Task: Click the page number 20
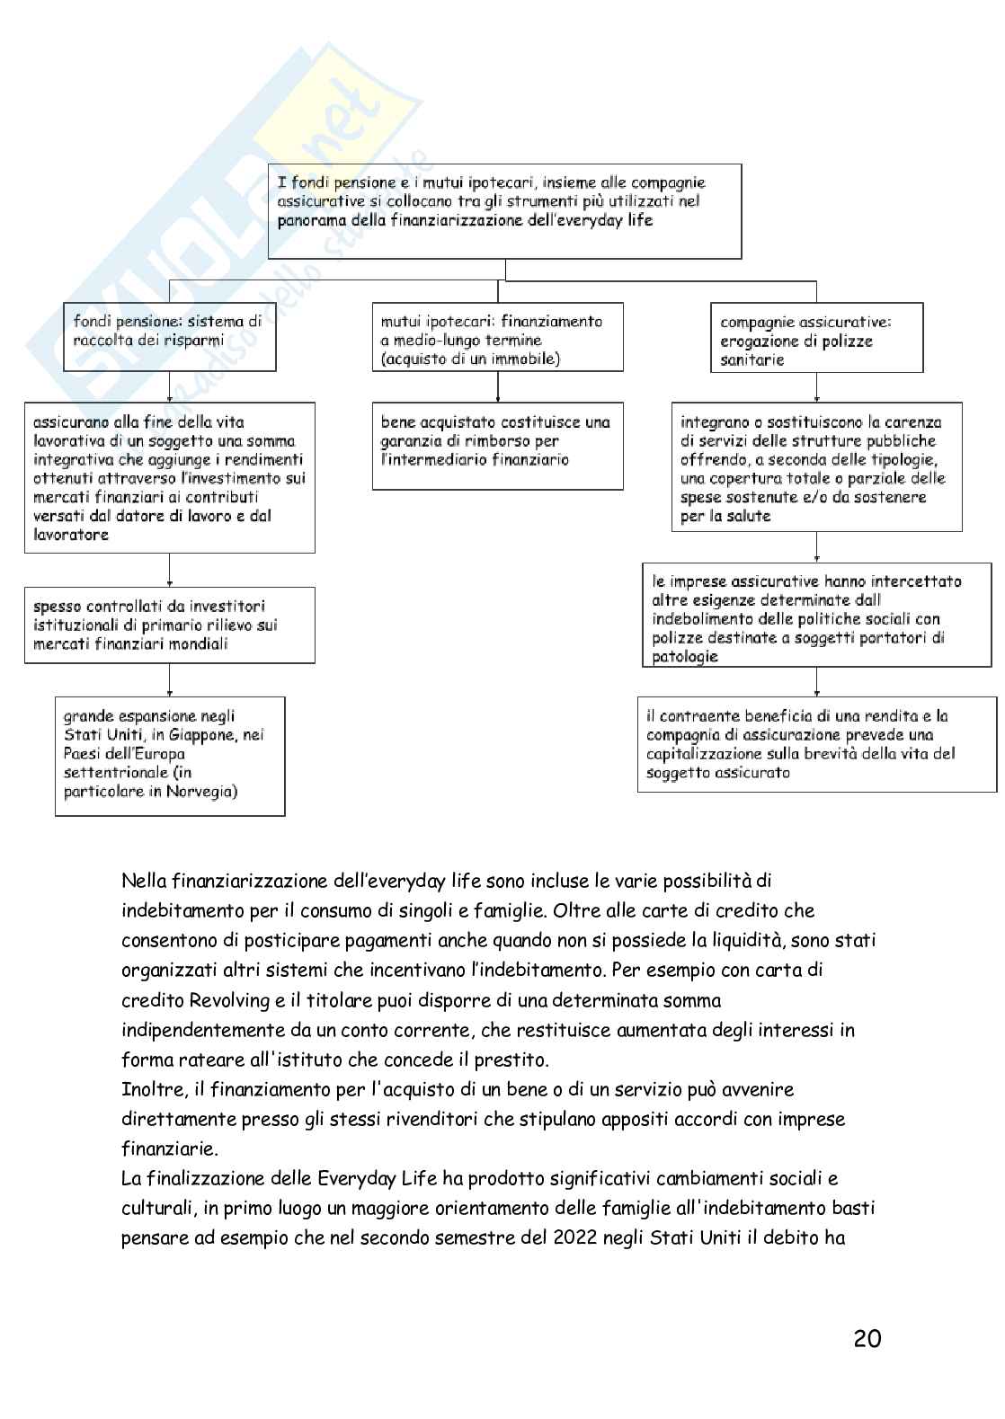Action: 867,1338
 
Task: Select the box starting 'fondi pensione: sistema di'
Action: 169,337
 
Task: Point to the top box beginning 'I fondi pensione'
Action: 505,211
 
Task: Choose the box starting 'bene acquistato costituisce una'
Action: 497,446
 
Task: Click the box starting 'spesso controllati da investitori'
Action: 169,625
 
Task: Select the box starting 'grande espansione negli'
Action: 169,755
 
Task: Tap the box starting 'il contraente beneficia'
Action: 816,744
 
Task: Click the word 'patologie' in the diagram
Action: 685,657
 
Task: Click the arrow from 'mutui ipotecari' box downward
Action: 497,386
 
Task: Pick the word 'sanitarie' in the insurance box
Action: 752,359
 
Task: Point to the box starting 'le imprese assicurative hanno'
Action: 816,617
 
